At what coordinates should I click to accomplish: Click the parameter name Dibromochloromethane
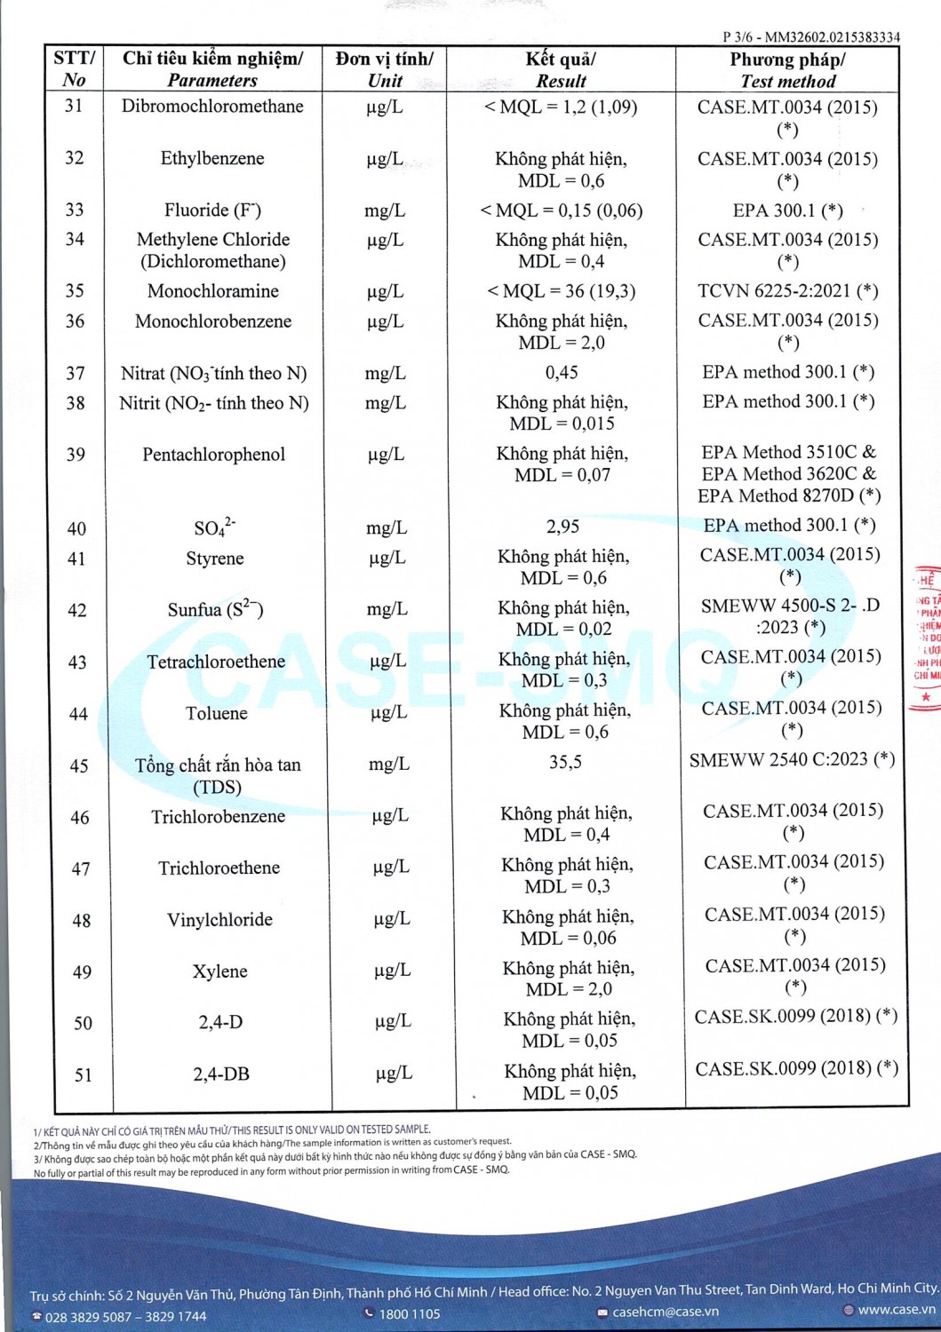(212, 107)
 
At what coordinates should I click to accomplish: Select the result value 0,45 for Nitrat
(562, 373)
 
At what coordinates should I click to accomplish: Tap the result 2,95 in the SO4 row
(562, 527)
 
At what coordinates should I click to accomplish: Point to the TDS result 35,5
(565, 762)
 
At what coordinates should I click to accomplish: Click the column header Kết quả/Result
(561, 69)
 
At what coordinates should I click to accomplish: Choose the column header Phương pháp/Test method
(787, 69)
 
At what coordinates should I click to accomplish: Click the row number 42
(77, 610)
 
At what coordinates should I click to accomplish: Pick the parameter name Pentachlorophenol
(214, 455)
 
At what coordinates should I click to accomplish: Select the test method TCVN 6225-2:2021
(788, 290)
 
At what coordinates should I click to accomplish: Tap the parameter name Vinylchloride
(219, 920)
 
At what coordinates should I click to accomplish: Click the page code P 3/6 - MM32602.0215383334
(811, 37)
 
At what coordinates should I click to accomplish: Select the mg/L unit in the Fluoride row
(384, 210)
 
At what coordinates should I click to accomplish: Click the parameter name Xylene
(219, 971)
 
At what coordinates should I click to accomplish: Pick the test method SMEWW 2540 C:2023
(792, 759)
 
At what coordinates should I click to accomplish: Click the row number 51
(83, 1075)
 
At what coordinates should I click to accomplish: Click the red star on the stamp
(926, 697)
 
